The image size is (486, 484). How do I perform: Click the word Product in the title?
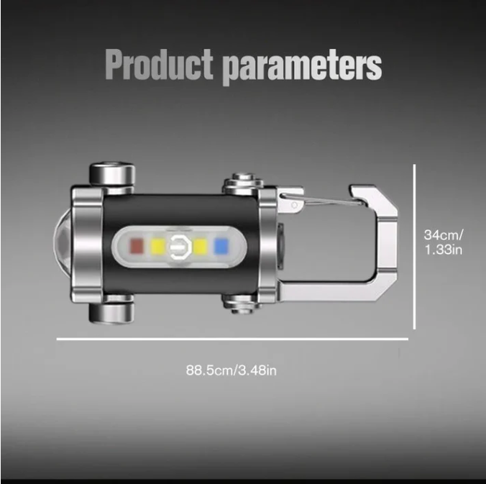[159, 64]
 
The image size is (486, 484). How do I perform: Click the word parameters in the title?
[302, 68]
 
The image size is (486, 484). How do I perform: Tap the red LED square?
[137, 246]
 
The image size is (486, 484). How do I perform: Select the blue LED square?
[221, 247]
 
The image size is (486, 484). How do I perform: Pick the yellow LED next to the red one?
[157, 247]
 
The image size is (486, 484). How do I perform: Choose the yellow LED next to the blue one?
[200, 247]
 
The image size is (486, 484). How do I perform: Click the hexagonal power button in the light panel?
[179, 247]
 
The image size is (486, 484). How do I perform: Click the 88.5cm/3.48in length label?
[231, 370]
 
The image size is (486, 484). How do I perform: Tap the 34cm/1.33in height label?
[444, 242]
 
